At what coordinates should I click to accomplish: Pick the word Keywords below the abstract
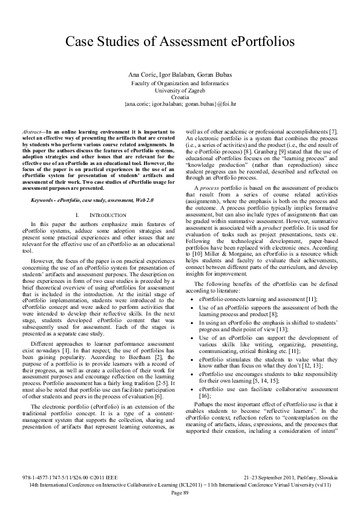tap(43, 182)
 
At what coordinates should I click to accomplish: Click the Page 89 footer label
tap(180, 492)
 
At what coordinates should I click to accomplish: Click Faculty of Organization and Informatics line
tap(180, 81)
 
